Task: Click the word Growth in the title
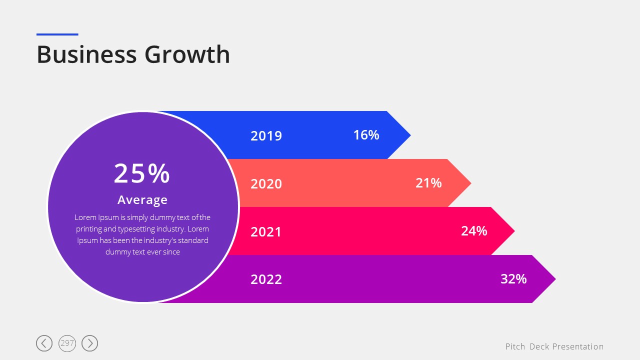(x=187, y=54)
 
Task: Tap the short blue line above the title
(x=57, y=34)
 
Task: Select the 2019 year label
(x=266, y=136)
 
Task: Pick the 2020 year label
(x=266, y=184)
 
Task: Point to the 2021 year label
(x=266, y=232)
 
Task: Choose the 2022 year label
(x=266, y=279)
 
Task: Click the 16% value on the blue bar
(x=366, y=135)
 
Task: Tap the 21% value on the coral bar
(x=428, y=183)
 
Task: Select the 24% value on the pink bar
(x=474, y=231)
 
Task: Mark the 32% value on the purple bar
(x=513, y=279)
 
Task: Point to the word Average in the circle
(x=142, y=200)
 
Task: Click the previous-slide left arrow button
(x=44, y=343)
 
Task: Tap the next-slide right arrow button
(x=90, y=343)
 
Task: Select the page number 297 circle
(x=67, y=343)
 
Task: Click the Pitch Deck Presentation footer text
(x=554, y=346)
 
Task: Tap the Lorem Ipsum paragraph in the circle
(x=142, y=234)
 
